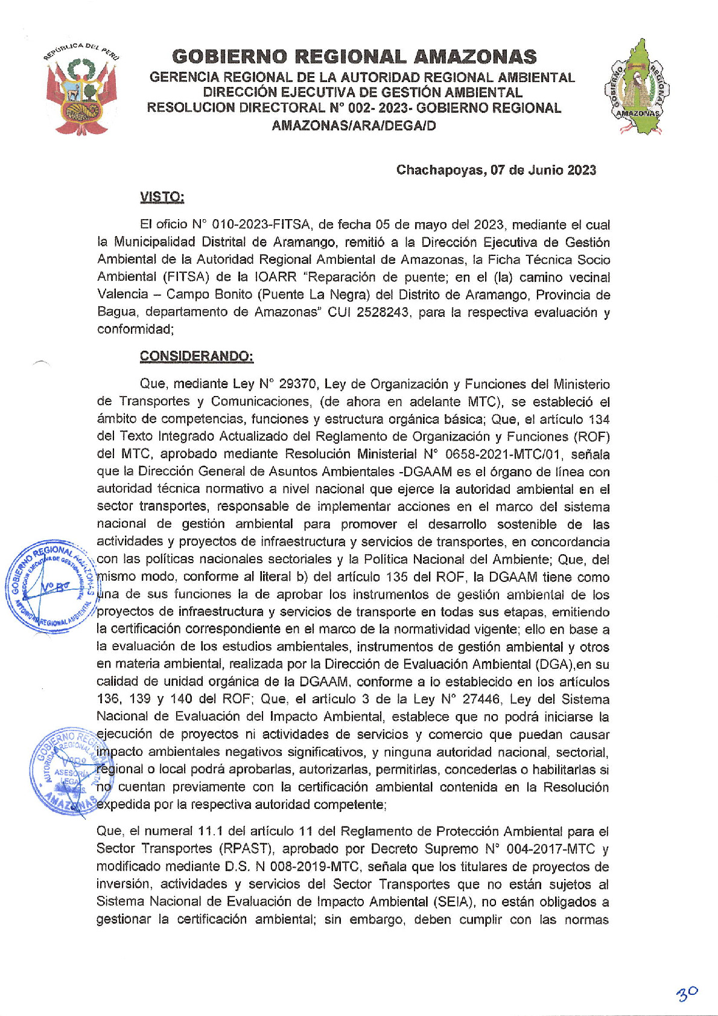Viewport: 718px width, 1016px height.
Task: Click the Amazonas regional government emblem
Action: tap(637, 87)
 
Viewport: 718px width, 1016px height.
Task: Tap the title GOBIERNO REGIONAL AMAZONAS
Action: tap(354, 57)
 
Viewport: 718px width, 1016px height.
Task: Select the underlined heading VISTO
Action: tap(162, 197)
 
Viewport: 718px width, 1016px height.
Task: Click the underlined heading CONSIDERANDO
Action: tap(197, 356)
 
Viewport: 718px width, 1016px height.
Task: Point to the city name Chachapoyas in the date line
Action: tap(439, 170)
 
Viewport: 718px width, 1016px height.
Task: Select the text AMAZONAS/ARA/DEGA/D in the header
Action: tap(354, 126)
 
